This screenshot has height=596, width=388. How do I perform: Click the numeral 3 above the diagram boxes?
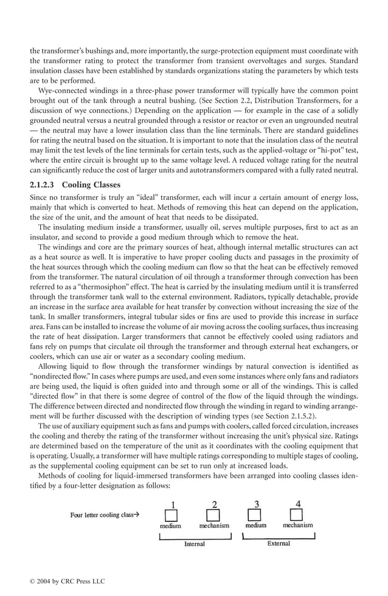[x=257, y=504]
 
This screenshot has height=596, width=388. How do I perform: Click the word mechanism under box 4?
[x=298, y=525]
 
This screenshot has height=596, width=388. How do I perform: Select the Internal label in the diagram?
[x=195, y=544]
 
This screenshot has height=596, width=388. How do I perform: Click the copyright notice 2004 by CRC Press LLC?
[x=68, y=581]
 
